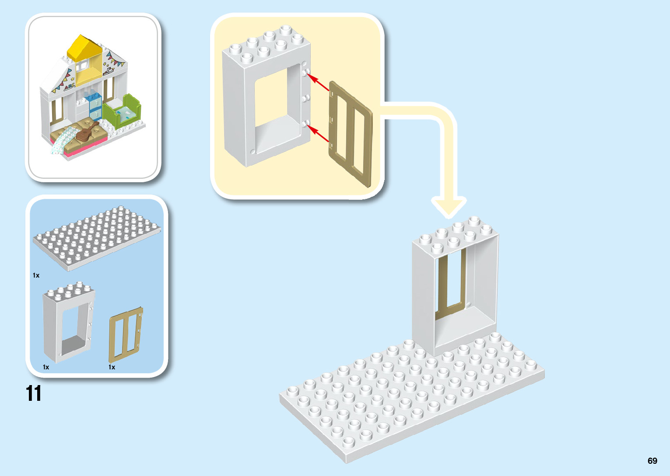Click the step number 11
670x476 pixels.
34,393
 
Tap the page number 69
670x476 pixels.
652,461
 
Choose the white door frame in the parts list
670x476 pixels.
68,323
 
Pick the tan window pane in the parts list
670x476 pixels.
126,337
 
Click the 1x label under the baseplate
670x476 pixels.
36,275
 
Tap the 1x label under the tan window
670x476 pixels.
112,367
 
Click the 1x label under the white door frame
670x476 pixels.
46,367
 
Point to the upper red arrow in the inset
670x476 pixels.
319,83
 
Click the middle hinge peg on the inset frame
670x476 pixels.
306,97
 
